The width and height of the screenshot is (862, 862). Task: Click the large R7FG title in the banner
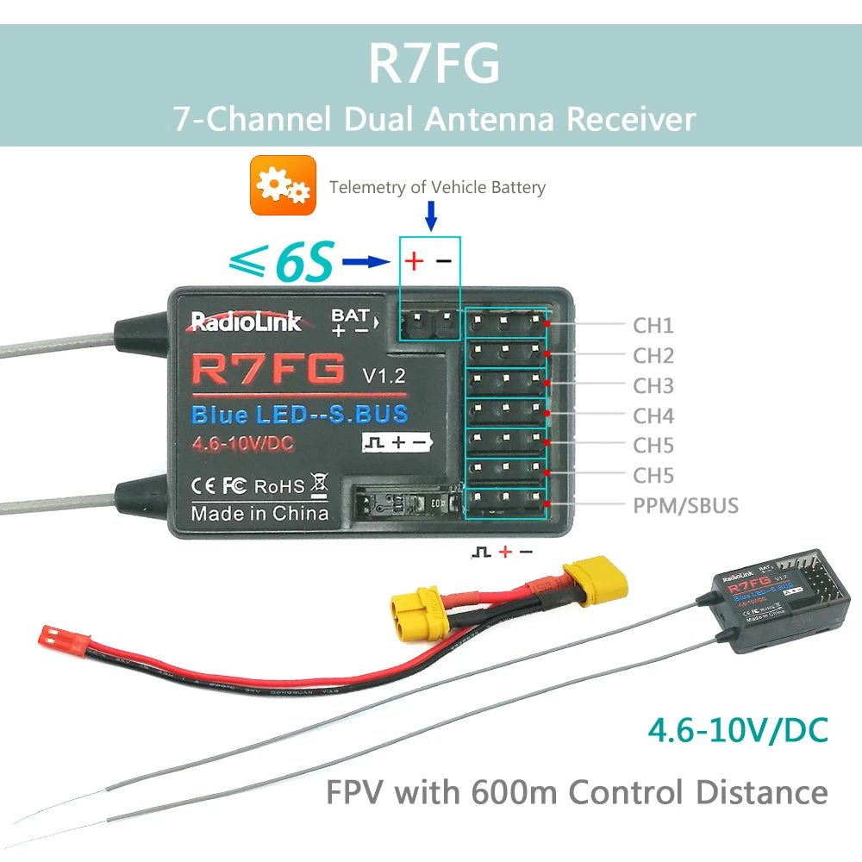[x=434, y=63]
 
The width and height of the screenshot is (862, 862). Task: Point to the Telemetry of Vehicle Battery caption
[x=437, y=187]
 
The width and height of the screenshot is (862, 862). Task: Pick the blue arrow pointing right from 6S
[x=366, y=261]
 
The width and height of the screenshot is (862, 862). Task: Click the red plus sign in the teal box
[x=415, y=261]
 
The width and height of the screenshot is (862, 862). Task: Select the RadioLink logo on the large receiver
[x=246, y=322]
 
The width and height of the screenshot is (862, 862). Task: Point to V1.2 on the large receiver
[x=380, y=375]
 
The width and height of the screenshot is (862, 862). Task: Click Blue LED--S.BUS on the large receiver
[x=299, y=415]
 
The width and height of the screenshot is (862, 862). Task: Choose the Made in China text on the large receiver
[x=259, y=514]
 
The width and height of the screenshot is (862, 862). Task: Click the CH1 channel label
[x=653, y=326]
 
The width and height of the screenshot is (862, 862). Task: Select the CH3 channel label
[x=653, y=385]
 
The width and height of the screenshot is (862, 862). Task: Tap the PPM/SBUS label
[x=686, y=505]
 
